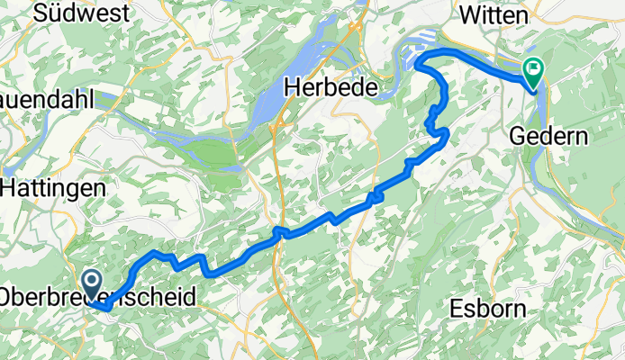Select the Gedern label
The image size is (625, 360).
pyautogui.click(x=548, y=137)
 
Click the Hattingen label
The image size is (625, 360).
pyautogui.click(x=53, y=188)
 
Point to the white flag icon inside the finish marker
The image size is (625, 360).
pyautogui.click(x=534, y=67)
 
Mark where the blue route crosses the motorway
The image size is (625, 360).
pyautogui.click(x=281, y=234)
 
